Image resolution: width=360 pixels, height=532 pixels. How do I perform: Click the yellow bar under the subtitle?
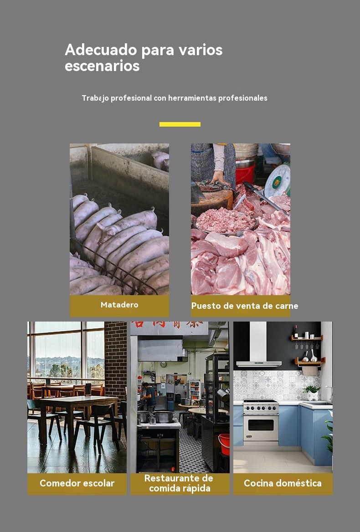click(180, 124)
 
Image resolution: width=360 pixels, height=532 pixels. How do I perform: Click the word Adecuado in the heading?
click(101, 50)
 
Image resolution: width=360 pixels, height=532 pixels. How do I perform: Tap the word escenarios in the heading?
click(102, 66)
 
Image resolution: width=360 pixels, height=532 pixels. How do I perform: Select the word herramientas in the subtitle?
click(192, 98)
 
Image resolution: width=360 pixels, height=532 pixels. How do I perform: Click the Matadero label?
click(119, 305)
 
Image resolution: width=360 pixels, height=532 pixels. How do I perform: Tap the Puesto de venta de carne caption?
click(245, 306)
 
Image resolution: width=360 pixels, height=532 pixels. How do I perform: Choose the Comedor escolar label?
click(77, 483)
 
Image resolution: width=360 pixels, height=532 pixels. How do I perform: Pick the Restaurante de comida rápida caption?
click(179, 483)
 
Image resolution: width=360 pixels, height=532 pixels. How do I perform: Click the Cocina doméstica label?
click(283, 483)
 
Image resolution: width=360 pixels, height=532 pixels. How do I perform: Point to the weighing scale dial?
click(278, 181)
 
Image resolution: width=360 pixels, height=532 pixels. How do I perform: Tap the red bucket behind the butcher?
click(245, 173)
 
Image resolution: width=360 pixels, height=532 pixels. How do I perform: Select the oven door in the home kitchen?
click(261, 427)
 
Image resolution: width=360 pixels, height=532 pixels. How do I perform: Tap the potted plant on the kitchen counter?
click(312, 393)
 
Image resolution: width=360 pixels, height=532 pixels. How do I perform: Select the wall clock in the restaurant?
click(164, 365)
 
